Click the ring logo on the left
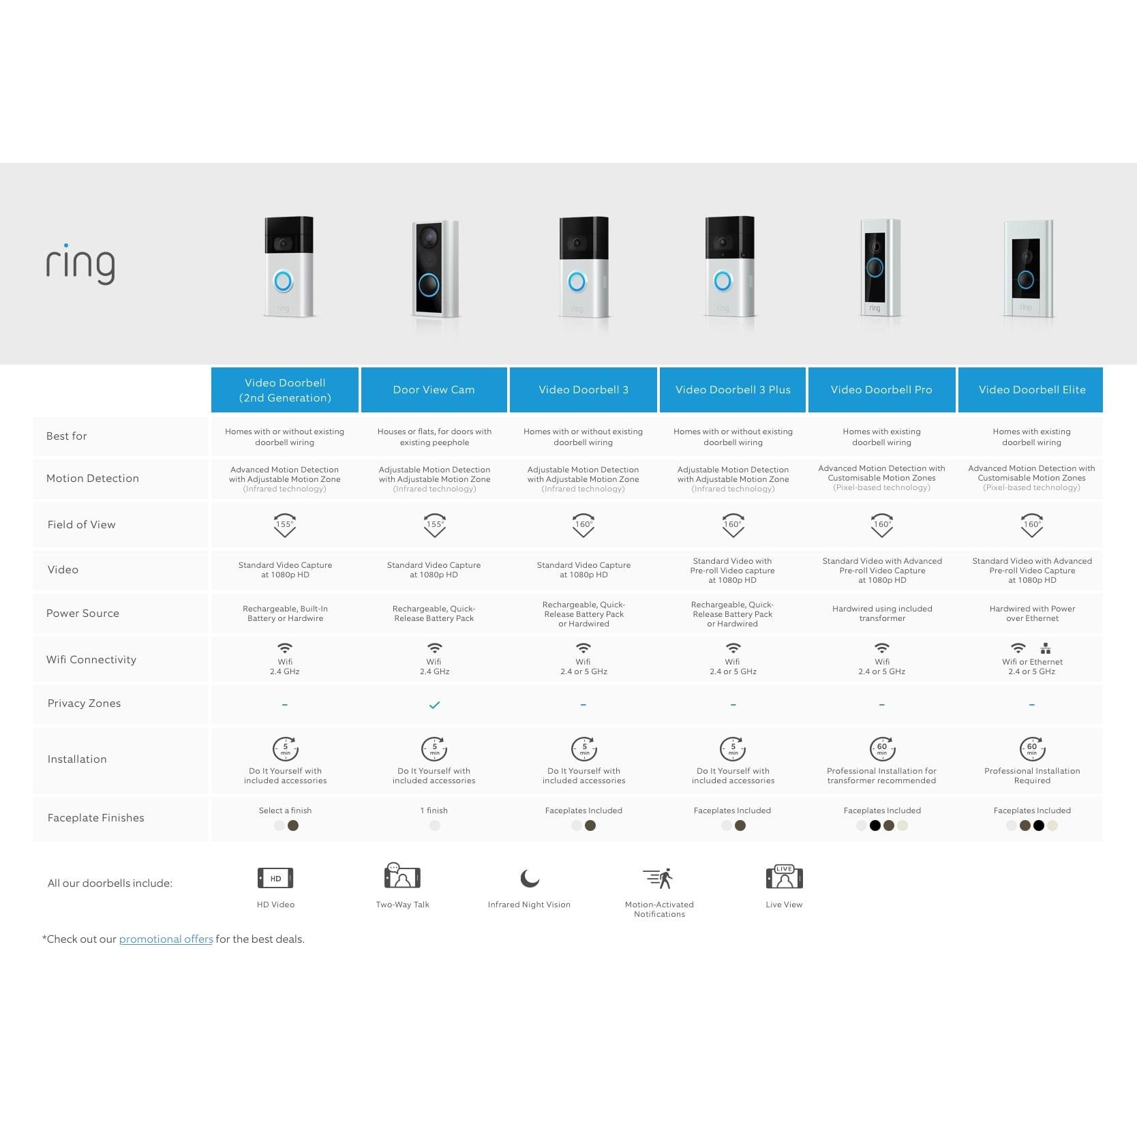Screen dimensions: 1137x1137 [80, 264]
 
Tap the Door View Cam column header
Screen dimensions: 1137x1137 [434, 390]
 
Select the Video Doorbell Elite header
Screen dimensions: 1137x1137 [1031, 390]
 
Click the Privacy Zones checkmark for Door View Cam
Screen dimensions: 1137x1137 [434, 705]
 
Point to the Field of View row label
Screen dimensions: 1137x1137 [81, 524]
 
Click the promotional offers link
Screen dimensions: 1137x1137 [166, 939]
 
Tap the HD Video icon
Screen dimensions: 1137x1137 [275, 878]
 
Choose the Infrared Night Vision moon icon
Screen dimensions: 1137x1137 [529, 878]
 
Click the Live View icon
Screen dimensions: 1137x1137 [784, 877]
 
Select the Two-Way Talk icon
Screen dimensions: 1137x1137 [402, 876]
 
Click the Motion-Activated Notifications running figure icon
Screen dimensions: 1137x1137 [658, 878]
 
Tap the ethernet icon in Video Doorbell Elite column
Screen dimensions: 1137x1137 [1046, 648]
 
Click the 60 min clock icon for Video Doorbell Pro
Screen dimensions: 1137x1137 [882, 748]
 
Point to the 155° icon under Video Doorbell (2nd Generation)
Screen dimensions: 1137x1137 [285, 525]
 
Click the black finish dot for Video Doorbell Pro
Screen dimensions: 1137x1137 [875, 826]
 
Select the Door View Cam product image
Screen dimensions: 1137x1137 [434, 269]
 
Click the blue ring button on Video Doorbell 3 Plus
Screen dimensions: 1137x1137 [723, 280]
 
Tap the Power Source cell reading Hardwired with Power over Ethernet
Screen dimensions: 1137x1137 [1032, 613]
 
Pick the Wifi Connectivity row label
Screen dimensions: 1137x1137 [91, 659]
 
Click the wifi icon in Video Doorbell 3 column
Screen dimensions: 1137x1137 [583, 648]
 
